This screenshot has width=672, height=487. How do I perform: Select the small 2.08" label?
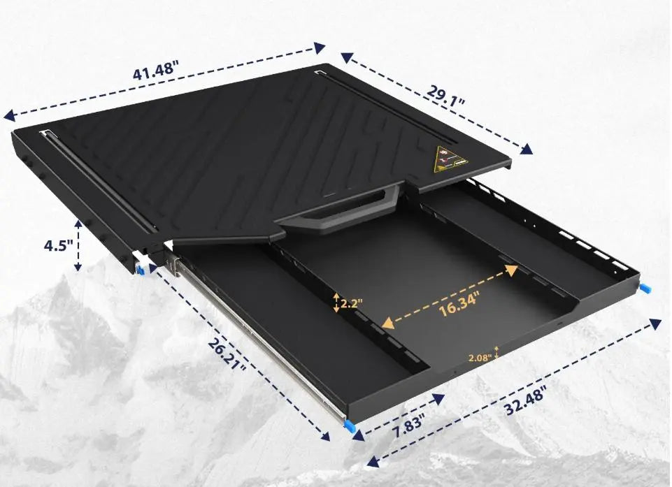(480, 357)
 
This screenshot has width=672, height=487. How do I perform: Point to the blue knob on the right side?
(646, 287)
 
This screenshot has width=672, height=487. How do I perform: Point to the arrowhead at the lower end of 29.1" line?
(526, 148)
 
